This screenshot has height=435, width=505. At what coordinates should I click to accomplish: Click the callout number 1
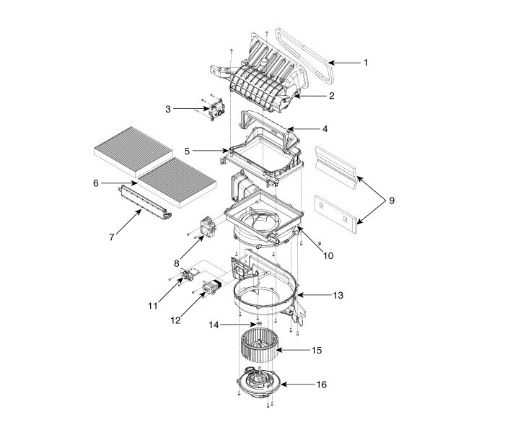pos(366,63)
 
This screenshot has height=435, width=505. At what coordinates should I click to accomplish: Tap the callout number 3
pos(168,109)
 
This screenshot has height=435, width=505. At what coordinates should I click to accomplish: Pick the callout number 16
pos(321,385)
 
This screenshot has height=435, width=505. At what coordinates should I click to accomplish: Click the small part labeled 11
pos(190,274)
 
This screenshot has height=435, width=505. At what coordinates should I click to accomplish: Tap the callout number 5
pos(186,151)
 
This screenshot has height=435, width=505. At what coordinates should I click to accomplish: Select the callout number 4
pos(325,129)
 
